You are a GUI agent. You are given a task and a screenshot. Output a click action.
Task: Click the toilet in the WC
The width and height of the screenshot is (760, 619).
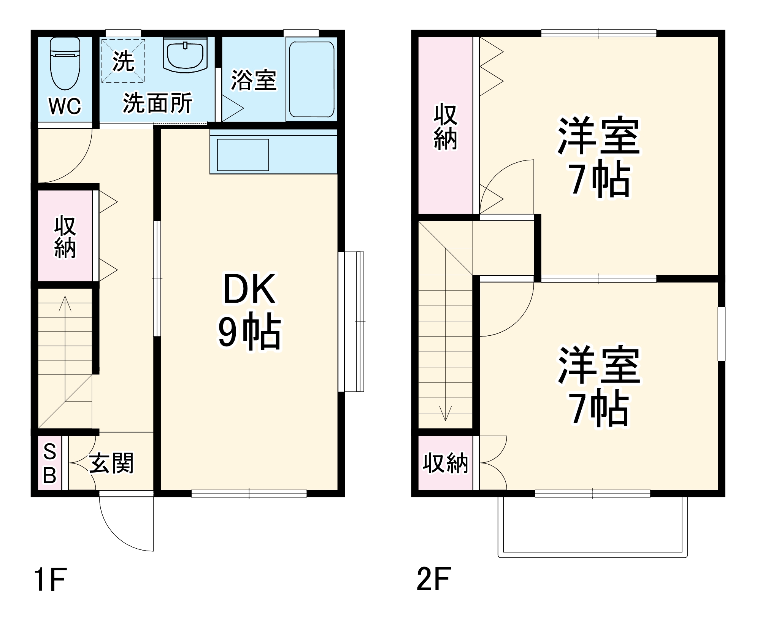[65, 63]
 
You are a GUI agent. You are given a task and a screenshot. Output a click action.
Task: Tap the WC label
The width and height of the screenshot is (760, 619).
[65, 106]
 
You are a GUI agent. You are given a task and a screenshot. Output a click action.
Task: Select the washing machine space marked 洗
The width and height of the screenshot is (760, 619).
[123, 61]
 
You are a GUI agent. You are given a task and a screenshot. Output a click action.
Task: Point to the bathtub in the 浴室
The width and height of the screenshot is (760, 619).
[311, 79]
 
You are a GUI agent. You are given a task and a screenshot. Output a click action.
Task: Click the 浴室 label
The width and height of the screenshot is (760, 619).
[254, 80]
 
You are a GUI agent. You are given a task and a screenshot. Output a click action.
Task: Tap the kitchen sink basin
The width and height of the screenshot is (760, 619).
[243, 155]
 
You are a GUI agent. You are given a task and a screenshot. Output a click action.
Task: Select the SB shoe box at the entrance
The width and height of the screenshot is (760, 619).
[49, 463]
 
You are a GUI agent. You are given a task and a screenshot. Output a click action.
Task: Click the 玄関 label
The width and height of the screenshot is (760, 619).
[111, 463]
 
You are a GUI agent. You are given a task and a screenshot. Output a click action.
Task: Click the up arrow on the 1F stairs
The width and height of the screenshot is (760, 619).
[65, 304]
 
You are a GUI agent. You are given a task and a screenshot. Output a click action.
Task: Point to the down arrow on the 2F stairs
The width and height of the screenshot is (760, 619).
[445, 413]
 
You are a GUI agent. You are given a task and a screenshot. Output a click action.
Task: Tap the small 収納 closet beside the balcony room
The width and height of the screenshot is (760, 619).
[445, 463]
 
